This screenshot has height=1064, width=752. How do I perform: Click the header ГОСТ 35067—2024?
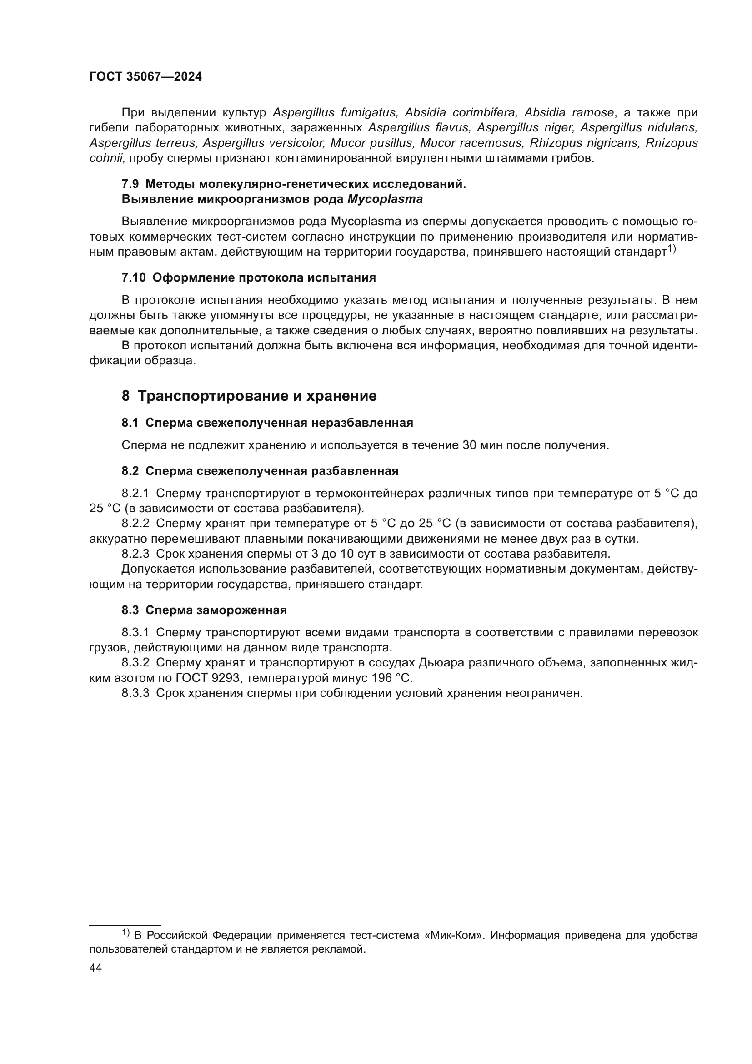point(145,77)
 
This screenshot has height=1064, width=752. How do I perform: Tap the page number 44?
point(95,968)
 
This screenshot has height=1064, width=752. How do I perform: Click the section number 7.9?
point(130,184)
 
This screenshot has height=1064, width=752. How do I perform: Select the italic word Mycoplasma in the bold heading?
point(385,199)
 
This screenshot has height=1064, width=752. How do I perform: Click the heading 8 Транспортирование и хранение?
point(249,396)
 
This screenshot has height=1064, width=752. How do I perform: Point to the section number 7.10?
point(133,277)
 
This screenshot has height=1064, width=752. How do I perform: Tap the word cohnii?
point(107,158)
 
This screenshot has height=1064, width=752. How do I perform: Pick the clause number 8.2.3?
point(135,554)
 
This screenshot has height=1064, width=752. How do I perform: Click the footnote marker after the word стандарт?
point(672,249)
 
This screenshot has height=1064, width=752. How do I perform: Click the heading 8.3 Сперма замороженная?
point(204,610)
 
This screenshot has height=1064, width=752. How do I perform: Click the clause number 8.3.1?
point(135,633)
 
